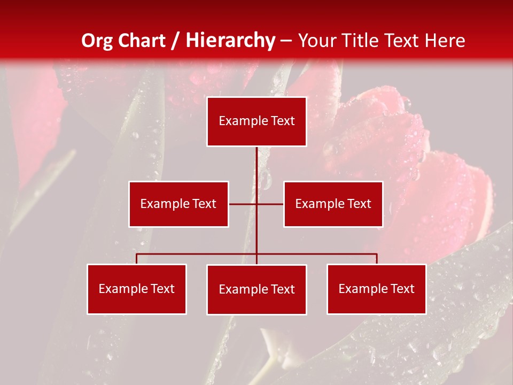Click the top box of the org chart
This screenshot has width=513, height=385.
click(x=256, y=121)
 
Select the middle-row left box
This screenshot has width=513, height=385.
click(x=178, y=204)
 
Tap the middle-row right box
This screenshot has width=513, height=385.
click(x=333, y=204)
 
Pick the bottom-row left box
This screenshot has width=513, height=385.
click(x=137, y=289)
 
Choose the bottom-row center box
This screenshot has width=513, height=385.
click(x=256, y=289)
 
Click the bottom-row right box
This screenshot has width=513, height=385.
click(x=376, y=289)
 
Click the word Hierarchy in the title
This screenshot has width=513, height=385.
click(x=230, y=41)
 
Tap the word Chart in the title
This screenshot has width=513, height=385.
click(x=141, y=41)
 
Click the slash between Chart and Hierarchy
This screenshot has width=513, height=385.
click(x=175, y=41)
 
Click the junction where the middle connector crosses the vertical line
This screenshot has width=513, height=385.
click(x=256, y=204)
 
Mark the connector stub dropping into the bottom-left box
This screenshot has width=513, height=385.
click(x=137, y=259)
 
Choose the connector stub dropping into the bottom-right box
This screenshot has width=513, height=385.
click(x=376, y=259)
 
